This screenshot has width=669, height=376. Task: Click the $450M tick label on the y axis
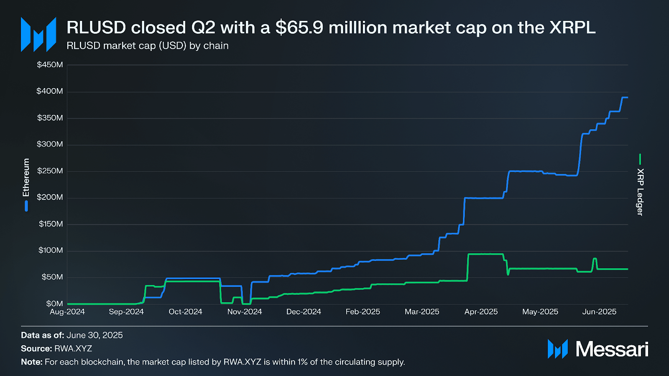point(50,65)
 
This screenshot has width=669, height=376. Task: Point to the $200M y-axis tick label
point(50,197)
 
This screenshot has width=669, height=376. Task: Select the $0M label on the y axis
point(54,303)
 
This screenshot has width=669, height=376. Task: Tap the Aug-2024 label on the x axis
point(67,312)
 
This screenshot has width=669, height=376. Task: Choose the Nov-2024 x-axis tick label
point(245,312)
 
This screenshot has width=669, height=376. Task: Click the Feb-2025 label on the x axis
point(363,312)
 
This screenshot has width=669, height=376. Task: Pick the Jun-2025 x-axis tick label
point(599,312)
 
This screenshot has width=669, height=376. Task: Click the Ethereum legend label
point(26,178)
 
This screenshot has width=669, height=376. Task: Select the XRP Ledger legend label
point(640,192)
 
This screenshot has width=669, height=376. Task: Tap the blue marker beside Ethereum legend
point(26,206)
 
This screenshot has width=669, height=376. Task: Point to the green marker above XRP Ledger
point(640,159)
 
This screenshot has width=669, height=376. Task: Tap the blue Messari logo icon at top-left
point(38,35)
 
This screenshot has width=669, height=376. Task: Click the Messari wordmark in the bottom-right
point(612,349)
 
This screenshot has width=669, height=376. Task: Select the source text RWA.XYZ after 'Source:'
point(73,348)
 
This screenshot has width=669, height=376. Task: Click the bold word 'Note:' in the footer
point(32,362)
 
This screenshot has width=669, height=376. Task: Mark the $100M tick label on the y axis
point(51,250)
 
